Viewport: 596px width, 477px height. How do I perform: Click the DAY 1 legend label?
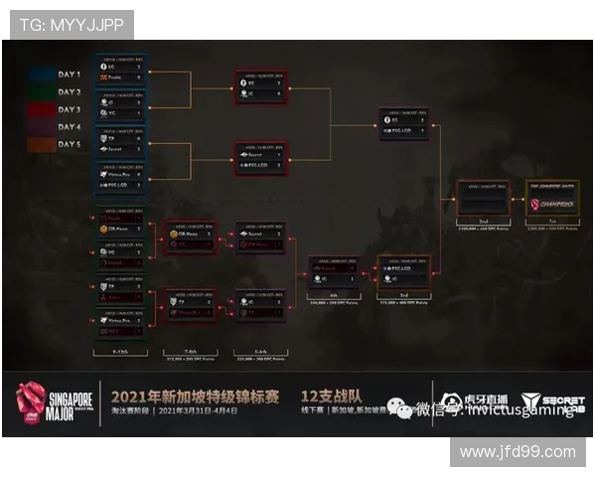click(68, 74)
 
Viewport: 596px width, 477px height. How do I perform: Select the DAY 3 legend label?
click(68, 109)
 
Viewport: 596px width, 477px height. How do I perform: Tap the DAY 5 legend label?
click(68, 145)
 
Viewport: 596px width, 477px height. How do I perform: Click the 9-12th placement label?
click(120, 352)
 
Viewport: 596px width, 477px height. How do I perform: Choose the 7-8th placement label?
click(190, 352)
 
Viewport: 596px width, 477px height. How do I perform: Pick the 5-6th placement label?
click(260, 352)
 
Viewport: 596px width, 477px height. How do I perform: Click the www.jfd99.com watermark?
click(518, 451)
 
